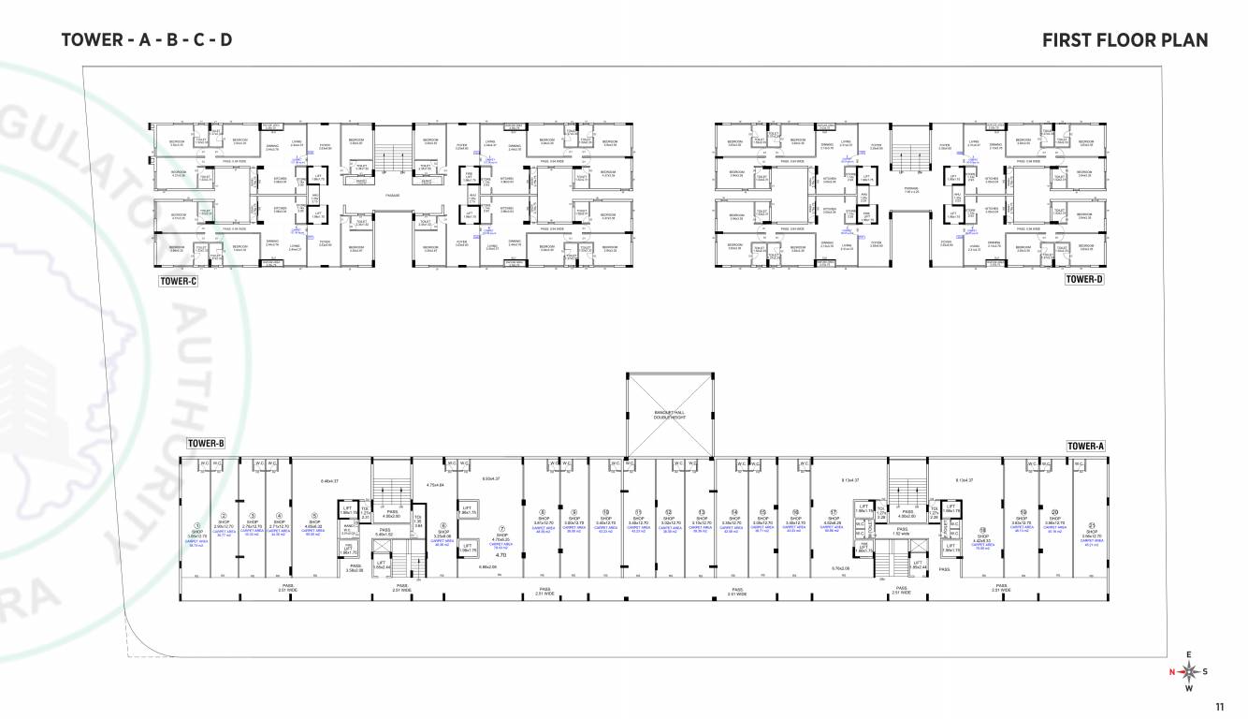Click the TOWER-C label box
coord(178,279)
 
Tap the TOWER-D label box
coord(1084,279)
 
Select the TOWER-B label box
coord(206,444)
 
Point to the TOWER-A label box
coord(1086,447)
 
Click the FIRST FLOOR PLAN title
coord(1125,39)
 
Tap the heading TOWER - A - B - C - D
coord(146,39)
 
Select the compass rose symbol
coord(1188,670)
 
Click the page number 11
coord(1218,706)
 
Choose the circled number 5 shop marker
coord(314,515)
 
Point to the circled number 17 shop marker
coord(833,512)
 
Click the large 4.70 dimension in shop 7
coord(501,555)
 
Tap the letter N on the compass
coord(1170,671)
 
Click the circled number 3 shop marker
coord(252,515)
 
